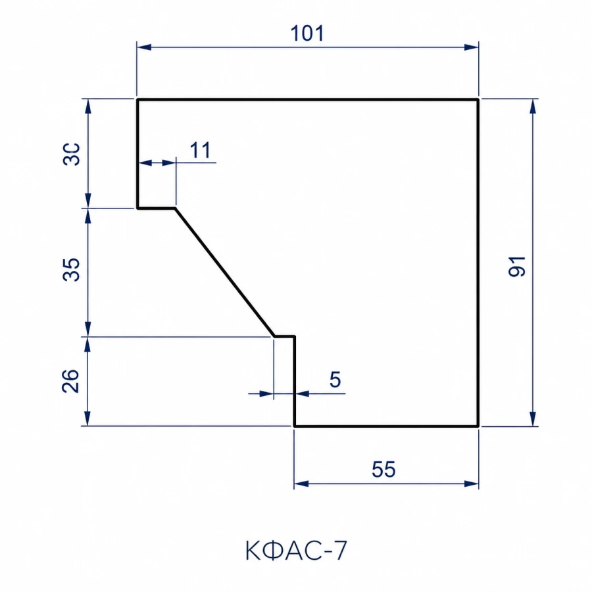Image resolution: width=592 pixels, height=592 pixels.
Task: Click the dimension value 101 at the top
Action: pyautogui.click(x=307, y=34)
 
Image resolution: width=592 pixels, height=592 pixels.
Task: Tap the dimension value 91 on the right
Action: pyautogui.click(x=517, y=266)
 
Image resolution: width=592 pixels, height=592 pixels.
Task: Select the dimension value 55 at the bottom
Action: pyautogui.click(x=383, y=469)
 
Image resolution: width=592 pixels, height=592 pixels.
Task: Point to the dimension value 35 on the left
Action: pyautogui.click(x=71, y=270)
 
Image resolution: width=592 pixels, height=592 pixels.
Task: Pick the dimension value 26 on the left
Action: pyautogui.click(x=70, y=381)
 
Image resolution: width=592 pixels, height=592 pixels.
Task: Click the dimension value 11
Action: pyautogui.click(x=200, y=150)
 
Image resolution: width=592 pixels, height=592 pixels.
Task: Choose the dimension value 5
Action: pyautogui.click(x=335, y=380)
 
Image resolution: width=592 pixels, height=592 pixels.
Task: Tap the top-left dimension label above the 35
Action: pyautogui.click(x=71, y=154)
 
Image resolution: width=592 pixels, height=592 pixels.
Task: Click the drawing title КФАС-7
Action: pyautogui.click(x=296, y=551)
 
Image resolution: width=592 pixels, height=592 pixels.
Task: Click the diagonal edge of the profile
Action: pyautogui.click(x=225, y=272)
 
